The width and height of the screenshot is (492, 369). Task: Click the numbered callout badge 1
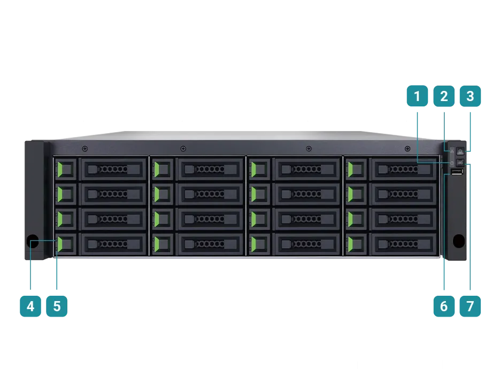pos(417,96)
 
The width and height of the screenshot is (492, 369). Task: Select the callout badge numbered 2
pos(444,96)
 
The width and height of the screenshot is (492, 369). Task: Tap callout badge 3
pos(470,96)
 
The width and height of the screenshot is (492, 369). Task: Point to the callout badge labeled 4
pos(30,306)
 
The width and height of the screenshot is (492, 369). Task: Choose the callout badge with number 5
pos(57,306)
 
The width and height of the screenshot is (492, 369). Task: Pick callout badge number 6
pos(444,306)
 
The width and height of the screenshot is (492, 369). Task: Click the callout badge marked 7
pos(470,306)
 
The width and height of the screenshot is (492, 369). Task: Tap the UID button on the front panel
pos(460,163)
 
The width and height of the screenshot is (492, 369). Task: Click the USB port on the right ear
pos(457,172)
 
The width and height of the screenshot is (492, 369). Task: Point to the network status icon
pos(452,151)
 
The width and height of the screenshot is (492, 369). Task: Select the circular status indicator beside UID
pos(452,163)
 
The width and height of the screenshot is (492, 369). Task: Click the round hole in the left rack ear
pos(33,241)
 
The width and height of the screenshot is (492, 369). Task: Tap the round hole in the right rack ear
pos(459,241)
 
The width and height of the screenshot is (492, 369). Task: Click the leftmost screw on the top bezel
pos(84,149)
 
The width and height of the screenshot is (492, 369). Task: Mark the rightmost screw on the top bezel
pos(408,149)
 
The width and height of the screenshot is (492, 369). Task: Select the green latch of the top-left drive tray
pos(60,170)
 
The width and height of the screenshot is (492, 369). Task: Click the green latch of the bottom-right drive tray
pos(350,244)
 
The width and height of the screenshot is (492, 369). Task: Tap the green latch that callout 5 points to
pos(60,244)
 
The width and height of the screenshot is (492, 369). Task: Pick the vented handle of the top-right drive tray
pos(404,170)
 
